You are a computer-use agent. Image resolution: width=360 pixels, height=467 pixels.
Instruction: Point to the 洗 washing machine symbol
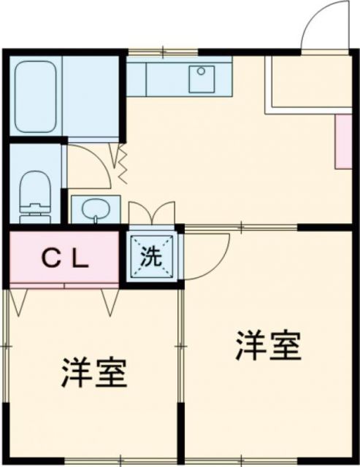[x=150, y=257]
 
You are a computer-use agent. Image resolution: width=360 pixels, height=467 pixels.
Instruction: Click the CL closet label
[x=64, y=258]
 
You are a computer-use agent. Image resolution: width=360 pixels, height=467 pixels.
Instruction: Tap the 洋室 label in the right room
[x=269, y=346]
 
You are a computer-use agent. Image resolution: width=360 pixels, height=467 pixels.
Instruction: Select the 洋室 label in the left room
[x=94, y=373]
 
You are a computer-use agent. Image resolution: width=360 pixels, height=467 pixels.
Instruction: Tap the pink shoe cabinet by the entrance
[x=342, y=140]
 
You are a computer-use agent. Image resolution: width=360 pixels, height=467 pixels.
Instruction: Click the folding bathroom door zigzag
[x=120, y=165]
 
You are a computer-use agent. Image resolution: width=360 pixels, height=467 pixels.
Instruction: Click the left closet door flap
[x=19, y=299]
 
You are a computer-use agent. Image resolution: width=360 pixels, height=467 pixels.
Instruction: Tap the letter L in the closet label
[x=80, y=258]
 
